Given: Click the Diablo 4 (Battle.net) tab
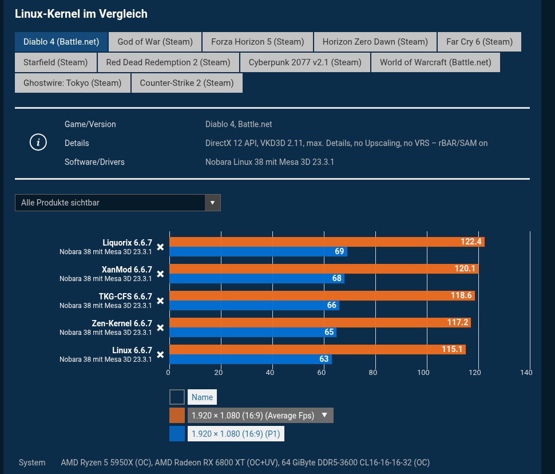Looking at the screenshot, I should click(x=61, y=42).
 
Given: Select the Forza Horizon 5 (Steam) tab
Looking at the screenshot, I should click(x=257, y=42).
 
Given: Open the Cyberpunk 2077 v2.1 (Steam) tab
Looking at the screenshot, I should click(x=305, y=62).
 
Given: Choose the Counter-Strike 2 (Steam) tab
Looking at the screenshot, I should click(x=187, y=83).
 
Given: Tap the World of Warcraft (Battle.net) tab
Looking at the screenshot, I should click(x=435, y=62).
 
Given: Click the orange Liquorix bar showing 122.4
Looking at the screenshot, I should click(x=326, y=242).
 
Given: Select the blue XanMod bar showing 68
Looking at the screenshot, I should click(x=256, y=279).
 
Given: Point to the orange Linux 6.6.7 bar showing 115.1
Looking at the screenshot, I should click(x=317, y=350).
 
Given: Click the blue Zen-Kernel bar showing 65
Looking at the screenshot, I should click(x=252, y=332).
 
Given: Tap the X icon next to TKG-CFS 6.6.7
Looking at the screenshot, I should click(x=161, y=301).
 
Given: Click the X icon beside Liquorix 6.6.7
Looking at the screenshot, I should click(x=161, y=247).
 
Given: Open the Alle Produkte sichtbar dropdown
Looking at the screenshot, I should click(x=118, y=203).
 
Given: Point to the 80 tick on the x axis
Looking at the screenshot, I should click(x=373, y=373).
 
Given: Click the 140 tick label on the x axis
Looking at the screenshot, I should click(x=526, y=373).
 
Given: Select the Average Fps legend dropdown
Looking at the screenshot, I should click(x=260, y=416).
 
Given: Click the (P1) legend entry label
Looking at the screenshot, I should click(x=236, y=434).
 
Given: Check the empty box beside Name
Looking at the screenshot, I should click(x=177, y=397).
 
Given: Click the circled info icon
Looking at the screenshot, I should click(x=38, y=143).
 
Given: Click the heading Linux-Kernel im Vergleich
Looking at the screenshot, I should click(x=81, y=13).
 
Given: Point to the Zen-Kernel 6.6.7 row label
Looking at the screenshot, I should click(x=122, y=323).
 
